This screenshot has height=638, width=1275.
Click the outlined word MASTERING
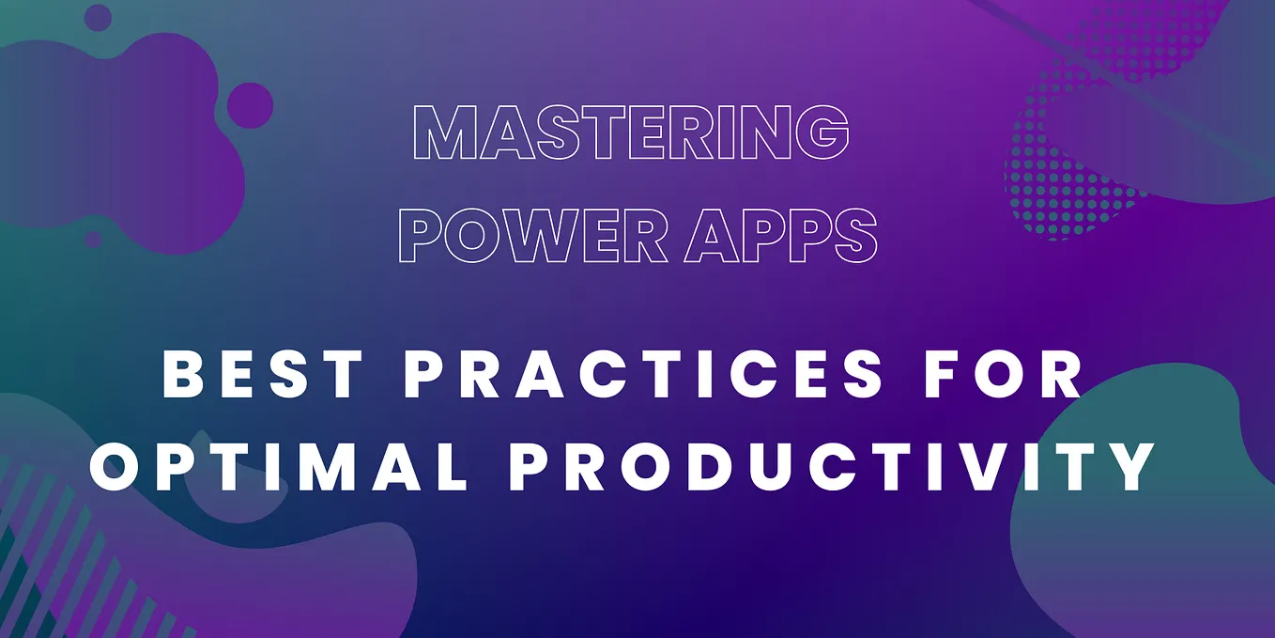pos(631,133)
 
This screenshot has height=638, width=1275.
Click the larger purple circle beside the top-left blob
pos(250,105)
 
